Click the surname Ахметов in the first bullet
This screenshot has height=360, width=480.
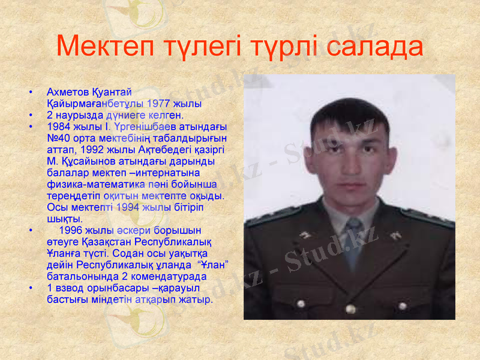coord(68,92)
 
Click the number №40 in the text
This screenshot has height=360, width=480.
coord(59,138)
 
